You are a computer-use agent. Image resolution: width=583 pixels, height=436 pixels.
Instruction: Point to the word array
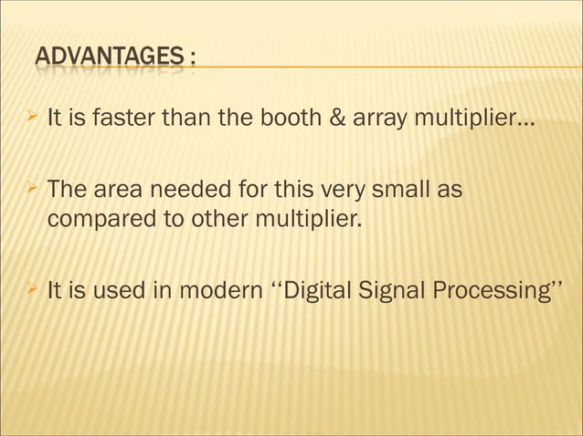tap(359, 119)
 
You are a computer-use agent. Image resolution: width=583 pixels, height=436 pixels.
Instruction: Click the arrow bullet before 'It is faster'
tap(32, 118)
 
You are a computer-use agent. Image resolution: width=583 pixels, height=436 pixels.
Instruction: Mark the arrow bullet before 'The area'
tap(32, 191)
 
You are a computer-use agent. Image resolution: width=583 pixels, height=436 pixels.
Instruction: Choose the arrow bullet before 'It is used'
tap(32, 292)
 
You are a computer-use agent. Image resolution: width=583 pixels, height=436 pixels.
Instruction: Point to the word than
tap(189, 119)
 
